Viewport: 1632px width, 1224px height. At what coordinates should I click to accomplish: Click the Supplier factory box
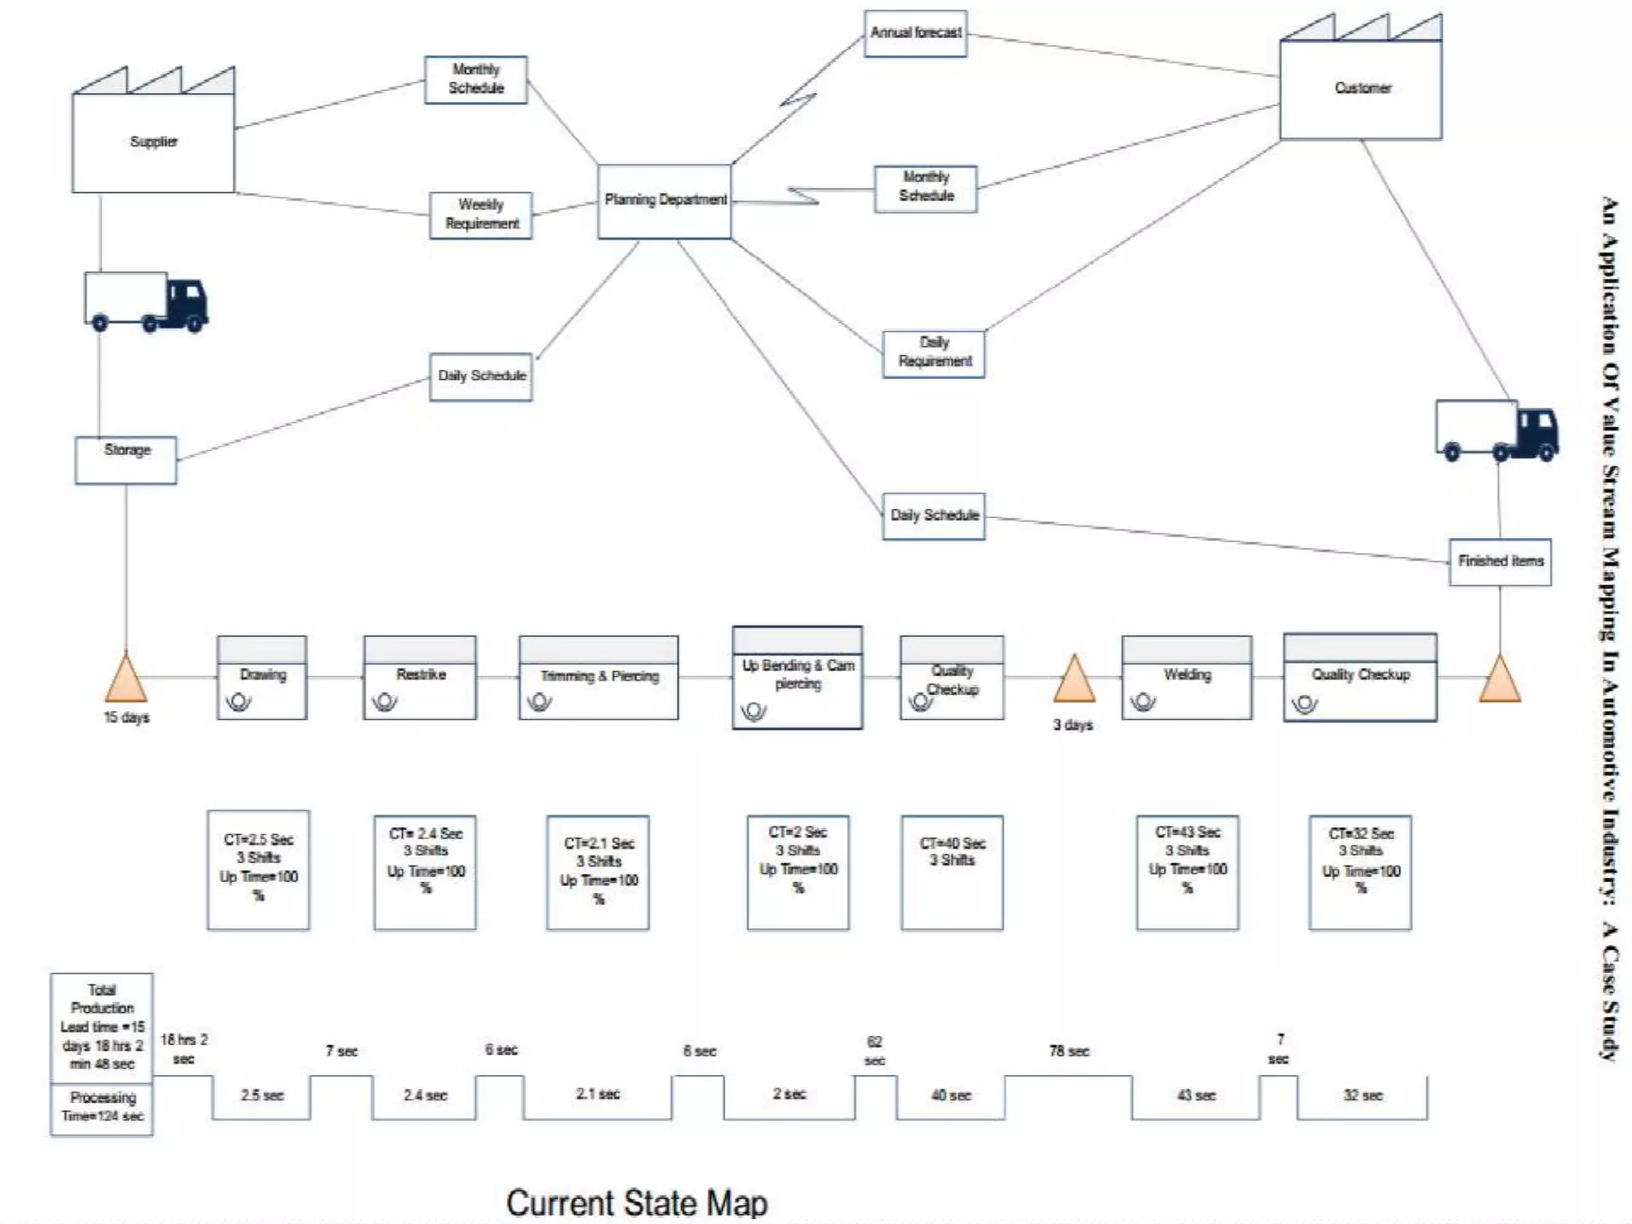(x=153, y=142)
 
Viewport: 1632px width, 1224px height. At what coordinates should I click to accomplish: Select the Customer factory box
(x=1360, y=88)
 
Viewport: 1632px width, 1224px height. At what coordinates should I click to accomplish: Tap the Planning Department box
(x=665, y=201)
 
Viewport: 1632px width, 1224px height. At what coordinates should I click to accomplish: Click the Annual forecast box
(x=916, y=33)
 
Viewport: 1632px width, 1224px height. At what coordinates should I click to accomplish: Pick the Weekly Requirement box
(x=481, y=215)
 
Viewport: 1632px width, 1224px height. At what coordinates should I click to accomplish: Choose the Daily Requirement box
(x=934, y=353)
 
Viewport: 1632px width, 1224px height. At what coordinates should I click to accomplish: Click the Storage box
(x=126, y=459)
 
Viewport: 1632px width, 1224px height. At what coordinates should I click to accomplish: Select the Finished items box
(x=1500, y=562)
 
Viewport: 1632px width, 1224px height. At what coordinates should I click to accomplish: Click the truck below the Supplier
(x=145, y=302)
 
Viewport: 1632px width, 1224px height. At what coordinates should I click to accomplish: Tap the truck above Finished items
(x=1497, y=430)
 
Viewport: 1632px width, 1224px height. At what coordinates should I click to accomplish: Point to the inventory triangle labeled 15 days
(x=126, y=679)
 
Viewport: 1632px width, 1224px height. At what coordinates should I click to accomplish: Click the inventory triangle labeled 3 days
(x=1074, y=681)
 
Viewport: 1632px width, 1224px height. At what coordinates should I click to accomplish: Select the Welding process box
(x=1187, y=678)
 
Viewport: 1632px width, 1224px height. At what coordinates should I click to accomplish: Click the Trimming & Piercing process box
(x=598, y=678)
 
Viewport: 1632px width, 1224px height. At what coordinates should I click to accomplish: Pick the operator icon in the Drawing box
(x=238, y=702)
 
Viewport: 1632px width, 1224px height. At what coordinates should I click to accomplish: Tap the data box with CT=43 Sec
(x=1187, y=872)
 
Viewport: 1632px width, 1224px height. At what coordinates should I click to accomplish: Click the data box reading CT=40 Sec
(x=952, y=872)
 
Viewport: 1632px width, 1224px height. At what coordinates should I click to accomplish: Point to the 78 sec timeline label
(x=1069, y=1051)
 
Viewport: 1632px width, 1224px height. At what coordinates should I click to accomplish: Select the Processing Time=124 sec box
(x=102, y=1108)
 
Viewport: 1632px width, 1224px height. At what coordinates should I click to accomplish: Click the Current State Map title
(x=636, y=1202)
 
